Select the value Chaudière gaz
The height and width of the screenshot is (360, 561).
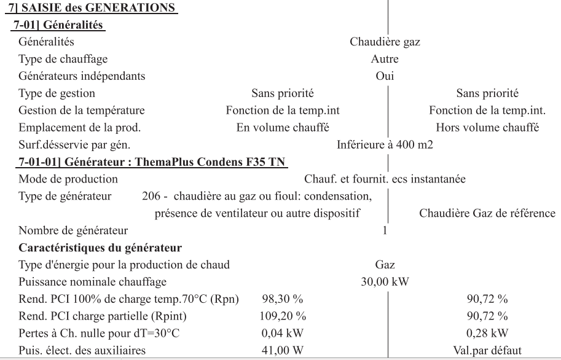385,42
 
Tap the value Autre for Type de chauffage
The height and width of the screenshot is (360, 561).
385,60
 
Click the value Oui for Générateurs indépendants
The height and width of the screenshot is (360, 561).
385,77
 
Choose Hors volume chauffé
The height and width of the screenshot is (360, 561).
487,128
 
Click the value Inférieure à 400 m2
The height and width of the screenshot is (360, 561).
385,145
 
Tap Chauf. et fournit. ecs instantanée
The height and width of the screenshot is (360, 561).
385,179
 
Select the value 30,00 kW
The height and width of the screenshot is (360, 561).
385,282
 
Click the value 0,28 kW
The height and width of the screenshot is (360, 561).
487,334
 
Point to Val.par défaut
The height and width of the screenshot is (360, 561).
487,351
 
